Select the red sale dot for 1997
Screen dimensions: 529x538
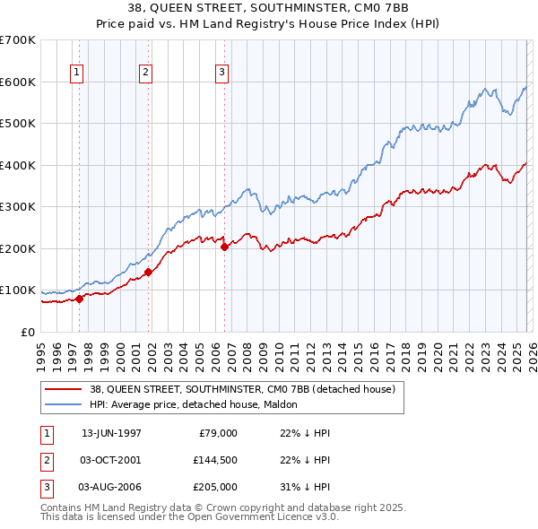80,299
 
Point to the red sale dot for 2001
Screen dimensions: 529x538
148,272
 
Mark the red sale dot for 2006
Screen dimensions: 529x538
224,247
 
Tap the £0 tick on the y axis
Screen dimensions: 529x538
29,332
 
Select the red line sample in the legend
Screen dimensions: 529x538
64,389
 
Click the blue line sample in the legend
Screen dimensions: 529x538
64,404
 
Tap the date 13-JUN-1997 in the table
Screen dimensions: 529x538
111,433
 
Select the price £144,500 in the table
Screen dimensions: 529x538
215,460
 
